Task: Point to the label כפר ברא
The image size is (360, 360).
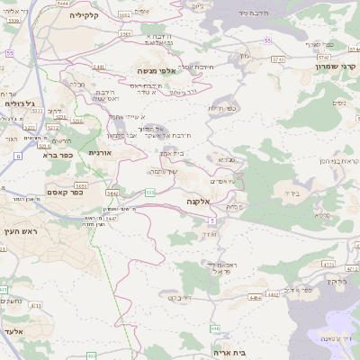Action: [57, 154]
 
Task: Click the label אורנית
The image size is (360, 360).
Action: [100, 153]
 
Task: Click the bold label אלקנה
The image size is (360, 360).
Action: [198, 202]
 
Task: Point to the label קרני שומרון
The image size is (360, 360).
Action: [337, 67]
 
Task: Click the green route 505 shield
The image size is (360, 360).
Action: [150, 192]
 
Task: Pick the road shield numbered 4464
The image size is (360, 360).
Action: [256, 294]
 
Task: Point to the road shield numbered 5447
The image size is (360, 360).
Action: [111, 217]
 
